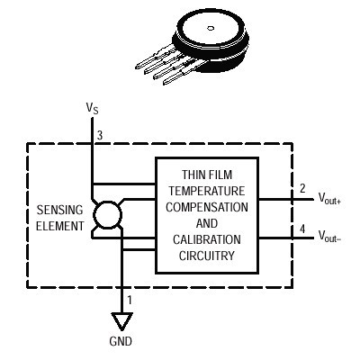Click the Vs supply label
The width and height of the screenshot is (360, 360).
pyautogui.click(x=92, y=108)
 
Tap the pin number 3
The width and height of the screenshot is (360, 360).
pyautogui.click(x=100, y=136)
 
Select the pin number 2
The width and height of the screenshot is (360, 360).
pyautogui.click(x=302, y=188)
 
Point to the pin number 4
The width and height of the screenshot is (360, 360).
pyautogui.click(x=302, y=229)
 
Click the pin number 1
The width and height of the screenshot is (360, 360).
pyautogui.click(x=130, y=300)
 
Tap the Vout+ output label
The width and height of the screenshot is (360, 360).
pyautogui.click(x=329, y=199)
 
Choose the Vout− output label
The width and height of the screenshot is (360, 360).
pyautogui.click(x=329, y=236)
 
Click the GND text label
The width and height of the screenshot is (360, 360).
pyautogui.click(x=121, y=341)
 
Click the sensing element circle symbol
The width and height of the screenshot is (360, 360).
pyautogui.click(x=107, y=215)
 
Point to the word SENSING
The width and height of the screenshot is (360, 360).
pyautogui.click(x=59, y=210)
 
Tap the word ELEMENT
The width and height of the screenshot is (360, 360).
pyautogui.click(x=60, y=226)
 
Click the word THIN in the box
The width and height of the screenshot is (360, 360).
pyautogui.click(x=191, y=175)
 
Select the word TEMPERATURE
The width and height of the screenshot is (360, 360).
pyautogui.click(x=207, y=191)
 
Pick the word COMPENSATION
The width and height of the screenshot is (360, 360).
pyautogui.click(x=207, y=207)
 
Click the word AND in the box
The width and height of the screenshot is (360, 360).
pyautogui.click(x=207, y=223)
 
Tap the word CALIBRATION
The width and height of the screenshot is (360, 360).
pyautogui.click(x=207, y=239)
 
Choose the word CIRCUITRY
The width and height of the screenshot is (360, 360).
pyautogui.click(x=207, y=256)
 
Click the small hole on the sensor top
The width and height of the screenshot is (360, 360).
pyautogui.click(x=211, y=28)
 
